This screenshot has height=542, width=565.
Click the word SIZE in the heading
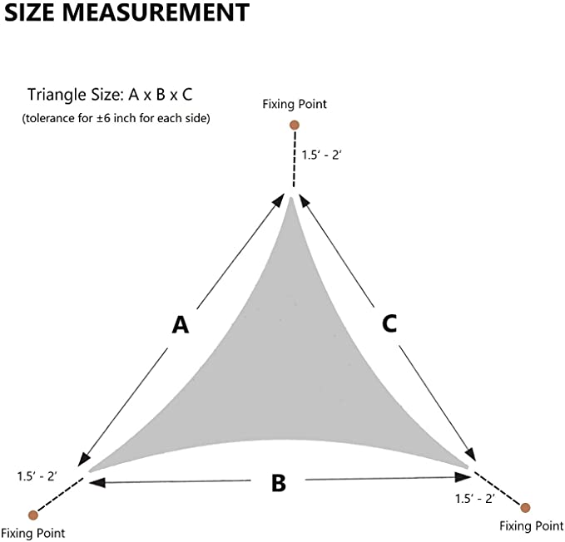pos(29,12)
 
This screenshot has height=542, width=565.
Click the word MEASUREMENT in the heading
pos(156,12)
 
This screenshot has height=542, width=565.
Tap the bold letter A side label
pos(181,325)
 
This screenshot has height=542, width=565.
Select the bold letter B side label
pos(279,483)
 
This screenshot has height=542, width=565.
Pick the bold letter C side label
pos(389,323)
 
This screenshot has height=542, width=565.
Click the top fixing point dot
pos(295,126)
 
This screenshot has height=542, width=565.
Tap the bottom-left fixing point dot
pos(33,515)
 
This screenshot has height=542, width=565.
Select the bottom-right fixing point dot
pos(525,508)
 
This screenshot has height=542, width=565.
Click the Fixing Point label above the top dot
pos(295,105)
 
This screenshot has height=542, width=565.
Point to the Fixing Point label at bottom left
pos(33,533)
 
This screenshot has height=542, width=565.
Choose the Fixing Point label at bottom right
pos(532,526)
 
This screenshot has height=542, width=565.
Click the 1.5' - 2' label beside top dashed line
pos(321,155)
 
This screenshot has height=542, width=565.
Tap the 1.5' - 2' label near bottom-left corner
pos(37,476)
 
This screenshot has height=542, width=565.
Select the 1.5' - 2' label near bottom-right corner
pos(474,499)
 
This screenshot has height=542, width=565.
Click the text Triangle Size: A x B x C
pos(110,95)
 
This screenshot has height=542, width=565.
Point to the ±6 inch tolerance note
pos(116,118)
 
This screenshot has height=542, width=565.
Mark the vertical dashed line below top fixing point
pos(295,159)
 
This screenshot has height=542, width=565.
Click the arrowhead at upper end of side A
pos(278,200)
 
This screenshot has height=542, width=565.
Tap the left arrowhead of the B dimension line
pos(97,482)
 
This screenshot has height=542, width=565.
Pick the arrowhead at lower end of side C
pos(470,455)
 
